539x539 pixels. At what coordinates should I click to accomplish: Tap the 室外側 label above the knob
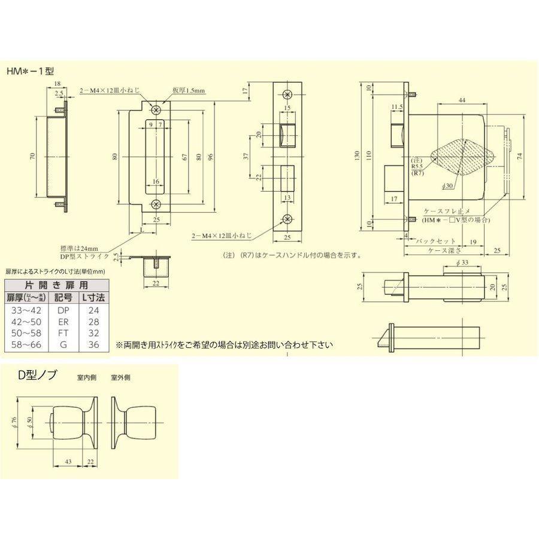point(121,378)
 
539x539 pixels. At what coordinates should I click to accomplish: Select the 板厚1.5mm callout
point(190,90)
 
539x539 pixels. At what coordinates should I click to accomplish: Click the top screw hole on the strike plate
point(156,110)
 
